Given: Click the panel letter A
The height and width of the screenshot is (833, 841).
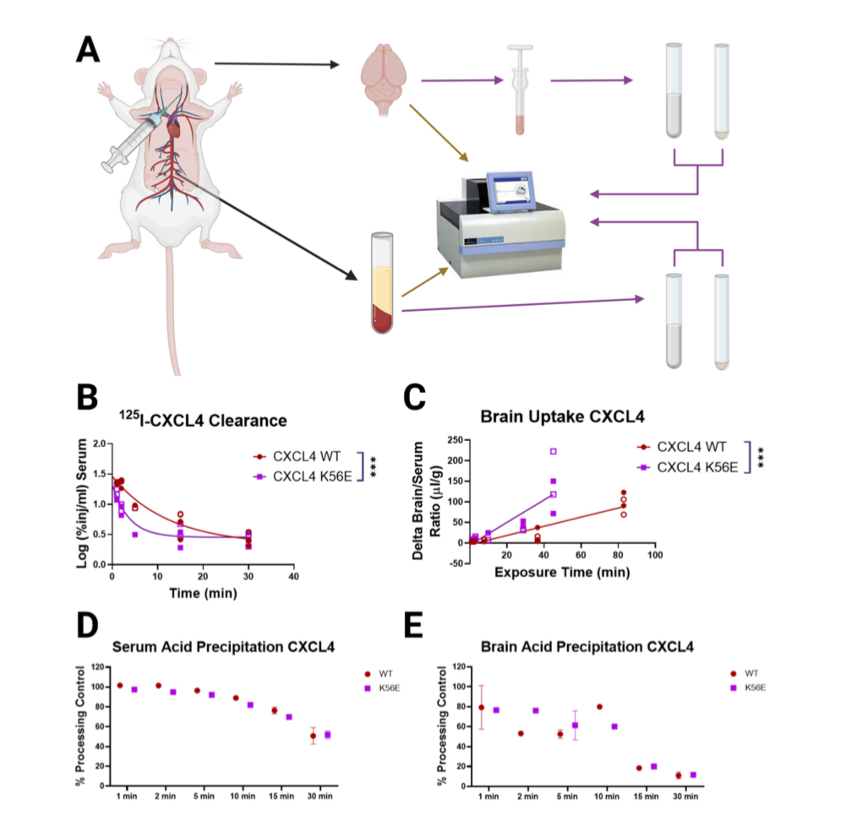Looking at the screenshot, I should pos(88,50).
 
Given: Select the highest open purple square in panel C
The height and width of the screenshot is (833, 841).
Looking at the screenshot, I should pos(554,452).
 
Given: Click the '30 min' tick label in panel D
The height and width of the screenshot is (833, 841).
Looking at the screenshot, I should pos(319,796).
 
